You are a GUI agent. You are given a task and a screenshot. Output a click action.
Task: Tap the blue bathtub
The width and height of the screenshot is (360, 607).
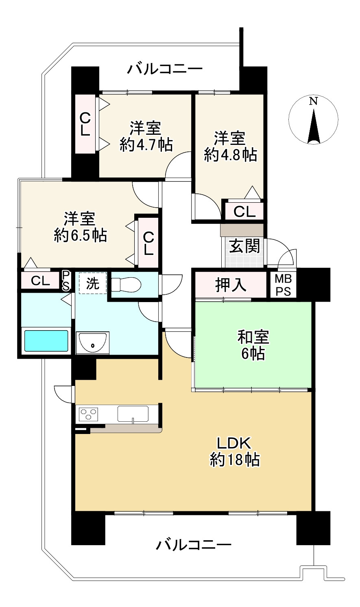[46, 341]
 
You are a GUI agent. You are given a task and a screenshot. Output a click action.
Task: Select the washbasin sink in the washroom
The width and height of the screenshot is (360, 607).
[93, 342]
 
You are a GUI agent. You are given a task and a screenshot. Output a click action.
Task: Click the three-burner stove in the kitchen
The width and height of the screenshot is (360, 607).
[88, 414]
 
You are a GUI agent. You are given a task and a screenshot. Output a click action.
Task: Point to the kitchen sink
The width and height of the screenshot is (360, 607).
[133, 414]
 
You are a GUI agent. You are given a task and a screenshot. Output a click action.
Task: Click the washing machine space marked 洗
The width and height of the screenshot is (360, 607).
[93, 283]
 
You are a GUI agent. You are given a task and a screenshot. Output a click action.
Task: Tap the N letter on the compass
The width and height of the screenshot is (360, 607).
[314, 101]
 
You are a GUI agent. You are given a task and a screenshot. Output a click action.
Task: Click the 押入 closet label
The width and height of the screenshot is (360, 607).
[231, 285]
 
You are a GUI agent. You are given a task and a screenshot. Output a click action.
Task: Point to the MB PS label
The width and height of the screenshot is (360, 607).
[284, 285]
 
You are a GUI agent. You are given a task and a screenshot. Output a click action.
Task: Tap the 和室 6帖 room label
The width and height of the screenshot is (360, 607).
[253, 345]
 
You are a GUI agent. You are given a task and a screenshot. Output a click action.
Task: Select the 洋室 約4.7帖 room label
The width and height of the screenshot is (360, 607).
[146, 136]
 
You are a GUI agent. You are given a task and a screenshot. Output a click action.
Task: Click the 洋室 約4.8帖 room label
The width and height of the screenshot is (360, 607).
[230, 146]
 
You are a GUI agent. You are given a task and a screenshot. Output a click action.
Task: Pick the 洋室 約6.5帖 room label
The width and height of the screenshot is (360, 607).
[80, 227]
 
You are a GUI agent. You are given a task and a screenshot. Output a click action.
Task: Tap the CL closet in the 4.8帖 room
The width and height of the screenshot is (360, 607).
[244, 211]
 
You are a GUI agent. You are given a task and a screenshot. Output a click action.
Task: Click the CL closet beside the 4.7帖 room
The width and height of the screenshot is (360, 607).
[85, 124]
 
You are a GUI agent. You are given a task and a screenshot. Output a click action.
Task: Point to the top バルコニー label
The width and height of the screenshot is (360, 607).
[165, 69]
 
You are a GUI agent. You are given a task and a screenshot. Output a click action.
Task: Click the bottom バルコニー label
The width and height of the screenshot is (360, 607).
[194, 545]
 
